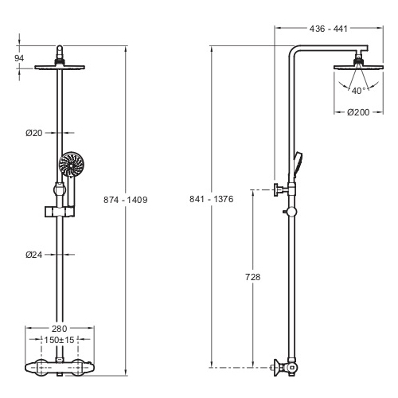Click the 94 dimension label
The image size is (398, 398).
(x=19, y=58)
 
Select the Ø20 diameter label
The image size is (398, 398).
(x=34, y=133)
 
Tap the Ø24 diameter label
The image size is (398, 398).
(x=34, y=255)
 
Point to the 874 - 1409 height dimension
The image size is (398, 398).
(x=126, y=200)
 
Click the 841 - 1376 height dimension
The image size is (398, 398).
(x=212, y=199)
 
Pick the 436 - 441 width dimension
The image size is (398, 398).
(x=329, y=29)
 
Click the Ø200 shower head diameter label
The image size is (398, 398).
(x=358, y=112)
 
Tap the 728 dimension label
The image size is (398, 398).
(x=253, y=277)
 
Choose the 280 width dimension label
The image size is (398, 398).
(x=59, y=329)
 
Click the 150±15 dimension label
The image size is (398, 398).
(x=59, y=340)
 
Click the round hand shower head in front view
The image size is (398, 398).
(x=72, y=164)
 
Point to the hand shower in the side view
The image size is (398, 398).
(x=298, y=166)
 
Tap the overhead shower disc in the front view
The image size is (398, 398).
(x=60, y=67)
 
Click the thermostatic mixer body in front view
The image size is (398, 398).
(x=60, y=368)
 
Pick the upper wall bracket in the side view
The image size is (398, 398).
(x=284, y=189)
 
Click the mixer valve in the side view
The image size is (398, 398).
(x=286, y=368)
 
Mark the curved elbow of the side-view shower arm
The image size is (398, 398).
(x=295, y=51)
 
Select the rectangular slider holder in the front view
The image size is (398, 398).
(x=60, y=212)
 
